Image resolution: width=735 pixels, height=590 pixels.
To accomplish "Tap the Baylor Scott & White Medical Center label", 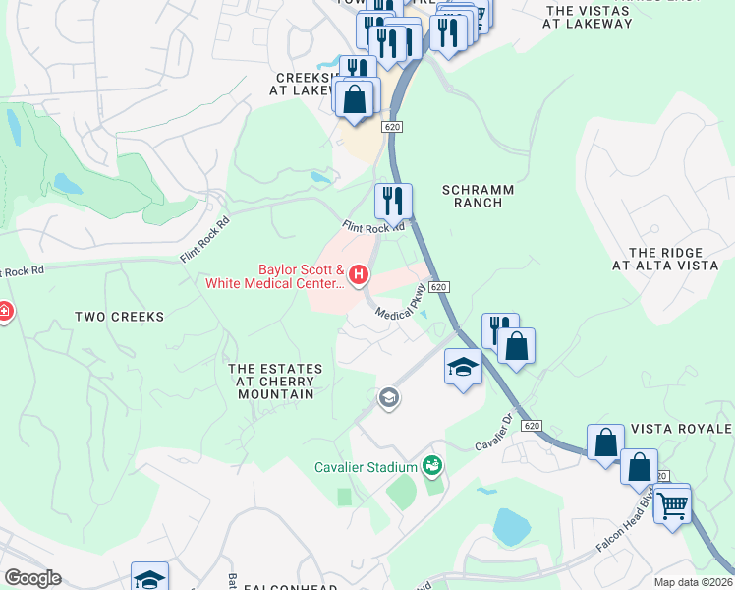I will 274,277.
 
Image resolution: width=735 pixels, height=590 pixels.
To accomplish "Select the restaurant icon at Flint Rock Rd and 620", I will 393,202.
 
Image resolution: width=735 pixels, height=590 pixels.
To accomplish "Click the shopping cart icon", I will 672,505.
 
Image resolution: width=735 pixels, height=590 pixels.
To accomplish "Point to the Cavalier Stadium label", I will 366,467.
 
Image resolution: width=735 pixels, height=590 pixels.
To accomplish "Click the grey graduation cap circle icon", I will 389,398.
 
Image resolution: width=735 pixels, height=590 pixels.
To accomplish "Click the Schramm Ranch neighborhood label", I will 473,195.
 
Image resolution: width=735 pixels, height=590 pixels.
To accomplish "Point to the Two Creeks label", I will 119,317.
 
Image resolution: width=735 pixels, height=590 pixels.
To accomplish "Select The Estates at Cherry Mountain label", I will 275,382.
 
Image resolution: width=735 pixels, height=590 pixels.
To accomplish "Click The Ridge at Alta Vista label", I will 666,259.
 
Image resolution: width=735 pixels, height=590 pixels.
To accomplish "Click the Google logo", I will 32,578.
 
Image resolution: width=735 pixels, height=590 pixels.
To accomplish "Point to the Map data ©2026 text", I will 694,582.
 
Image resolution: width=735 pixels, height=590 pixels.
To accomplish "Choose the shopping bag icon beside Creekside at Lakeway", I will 355,99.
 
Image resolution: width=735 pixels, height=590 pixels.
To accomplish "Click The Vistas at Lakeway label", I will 589,17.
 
